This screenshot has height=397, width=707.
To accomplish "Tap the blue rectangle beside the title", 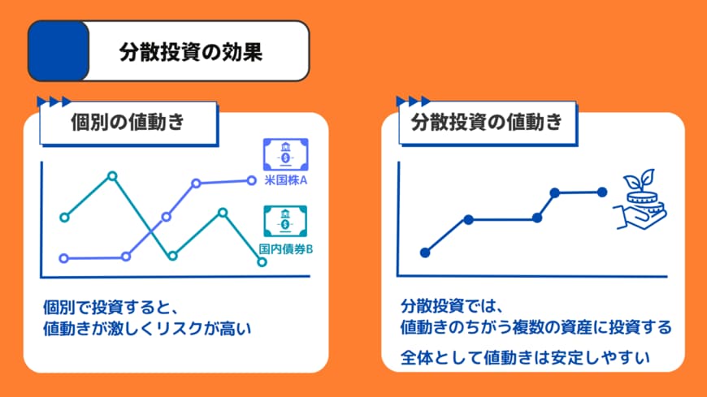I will pyautogui.click(x=58, y=50).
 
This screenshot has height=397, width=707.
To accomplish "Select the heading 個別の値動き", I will pyautogui.click(x=128, y=123).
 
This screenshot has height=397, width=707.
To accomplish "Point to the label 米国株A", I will pyautogui.click(x=285, y=181).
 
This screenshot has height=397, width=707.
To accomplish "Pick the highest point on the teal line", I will pyautogui.click(x=112, y=175).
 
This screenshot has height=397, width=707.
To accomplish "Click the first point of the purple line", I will pyautogui.click(x=65, y=258).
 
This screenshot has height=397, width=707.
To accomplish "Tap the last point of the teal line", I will pyautogui.click(x=262, y=261).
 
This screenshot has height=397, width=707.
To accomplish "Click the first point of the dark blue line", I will pyautogui.click(x=424, y=252).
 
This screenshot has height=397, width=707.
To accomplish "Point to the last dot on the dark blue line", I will pyautogui.click(x=602, y=192).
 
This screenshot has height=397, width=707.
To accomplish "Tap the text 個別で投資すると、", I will pyautogui.click(x=115, y=309).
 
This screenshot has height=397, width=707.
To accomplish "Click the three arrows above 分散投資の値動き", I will pyautogui.click(x=413, y=101).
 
